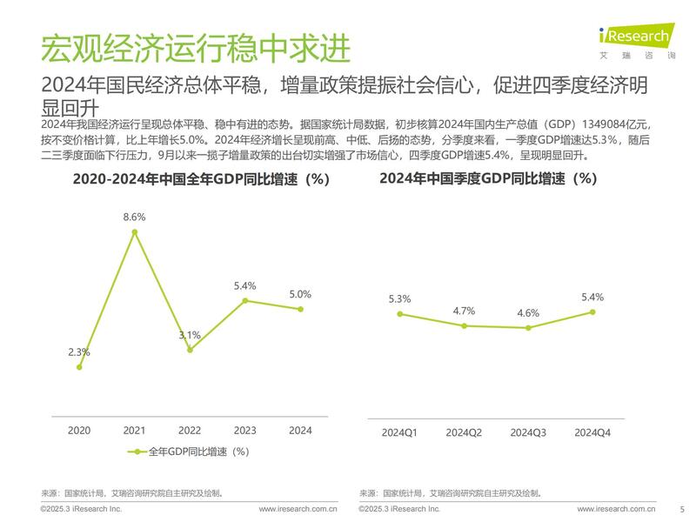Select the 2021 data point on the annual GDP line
(x=134, y=231)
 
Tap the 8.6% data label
(x=134, y=216)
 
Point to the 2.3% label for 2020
(x=79, y=351)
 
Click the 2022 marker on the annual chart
(x=190, y=350)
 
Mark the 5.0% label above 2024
(x=300, y=294)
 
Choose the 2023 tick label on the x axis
(x=245, y=430)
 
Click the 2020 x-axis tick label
(x=79, y=430)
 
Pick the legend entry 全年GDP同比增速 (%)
(x=189, y=452)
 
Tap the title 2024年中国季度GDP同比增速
(x=487, y=179)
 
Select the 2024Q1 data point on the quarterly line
(x=400, y=314)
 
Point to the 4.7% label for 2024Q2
(x=464, y=311)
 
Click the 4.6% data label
(x=528, y=313)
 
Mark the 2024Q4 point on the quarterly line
(x=592, y=311)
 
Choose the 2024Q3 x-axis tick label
(x=528, y=432)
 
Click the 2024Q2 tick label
(x=464, y=432)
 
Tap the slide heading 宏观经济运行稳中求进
(x=197, y=50)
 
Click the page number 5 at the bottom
(x=681, y=510)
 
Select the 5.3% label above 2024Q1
(x=400, y=299)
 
